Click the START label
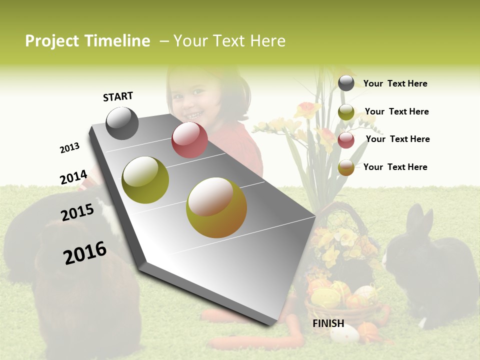[118, 96]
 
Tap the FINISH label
[328, 323]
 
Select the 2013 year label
[69, 148]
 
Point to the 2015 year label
[77, 212]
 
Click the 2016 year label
[85, 253]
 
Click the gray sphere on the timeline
[122, 123]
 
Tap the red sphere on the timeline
[189, 140]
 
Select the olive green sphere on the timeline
[145, 180]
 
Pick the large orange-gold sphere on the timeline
[216, 207]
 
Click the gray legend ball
[346, 83]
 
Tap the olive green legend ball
[346, 112]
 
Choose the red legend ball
[346, 140]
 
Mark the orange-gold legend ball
[346, 167]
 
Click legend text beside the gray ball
[395, 83]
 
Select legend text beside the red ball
[397, 139]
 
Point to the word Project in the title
[52, 41]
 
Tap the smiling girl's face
[192, 97]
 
